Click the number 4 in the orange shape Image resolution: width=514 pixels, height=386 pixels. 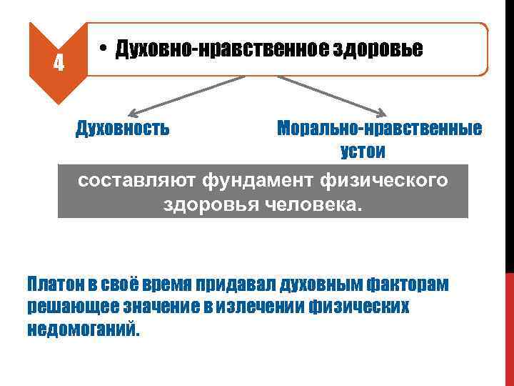[x=59, y=64]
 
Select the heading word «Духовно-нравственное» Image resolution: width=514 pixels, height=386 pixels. [x=213, y=49]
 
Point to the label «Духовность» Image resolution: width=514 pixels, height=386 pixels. [x=123, y=129]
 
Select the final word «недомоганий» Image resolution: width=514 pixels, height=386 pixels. [x=84, y=330]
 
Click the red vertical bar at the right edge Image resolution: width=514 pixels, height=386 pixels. [x=509, y=329]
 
